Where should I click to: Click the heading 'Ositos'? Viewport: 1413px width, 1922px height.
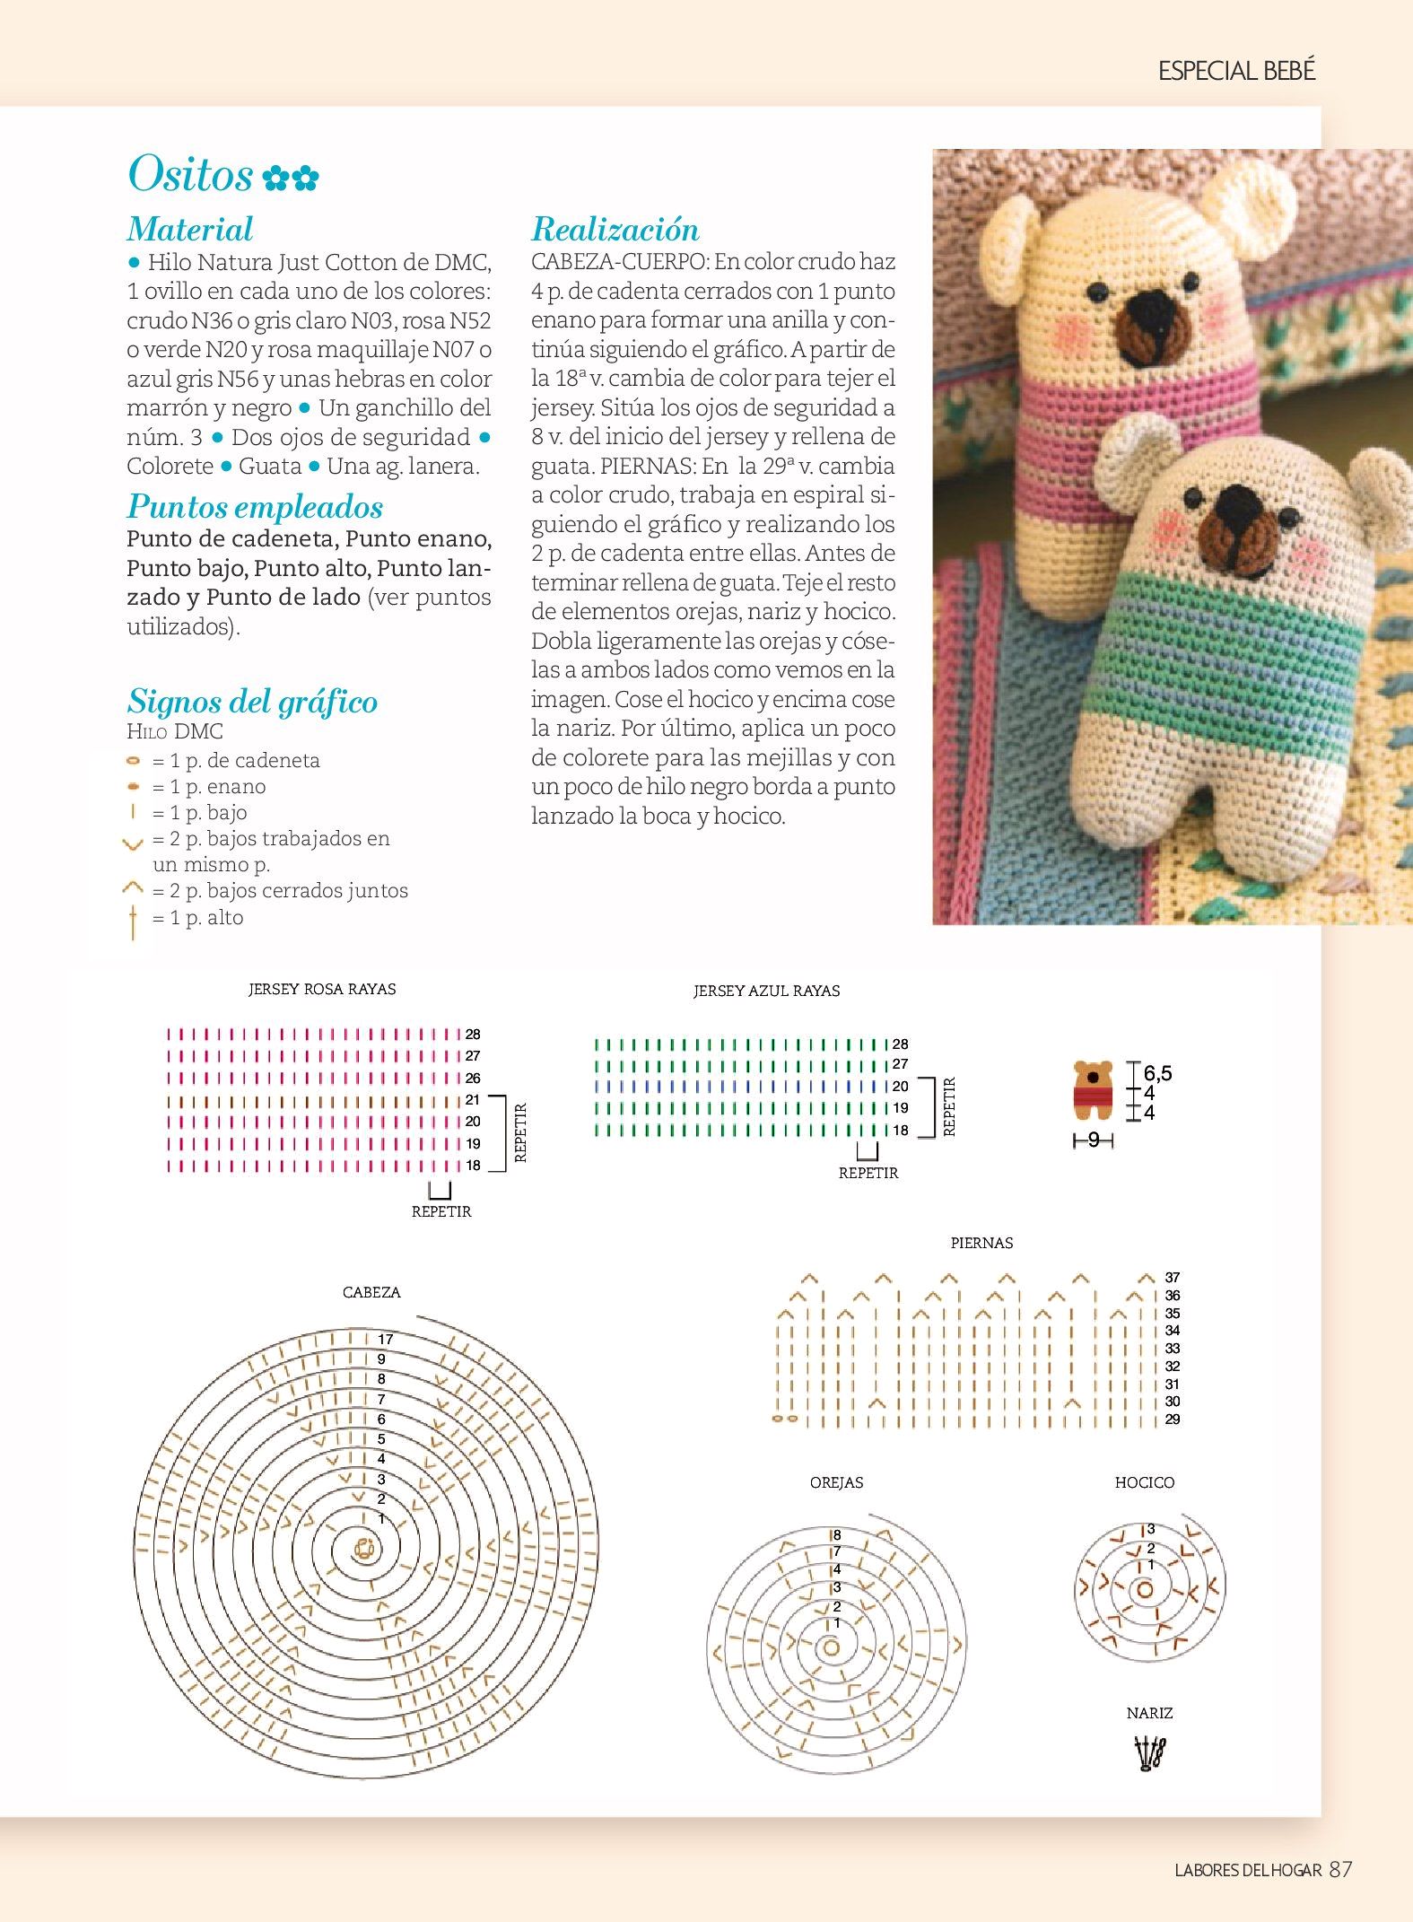coord(190,173)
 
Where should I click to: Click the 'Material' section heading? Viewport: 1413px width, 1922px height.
coord(190,230)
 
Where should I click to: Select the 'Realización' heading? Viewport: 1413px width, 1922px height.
coord(615,230)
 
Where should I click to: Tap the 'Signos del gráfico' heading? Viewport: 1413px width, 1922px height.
coord(252,701)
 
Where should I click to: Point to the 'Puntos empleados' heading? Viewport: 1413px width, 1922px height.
coord(255,507)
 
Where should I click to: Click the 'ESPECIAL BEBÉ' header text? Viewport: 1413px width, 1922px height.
coord(1236,72)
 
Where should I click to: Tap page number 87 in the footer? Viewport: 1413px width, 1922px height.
coord(1340,1870)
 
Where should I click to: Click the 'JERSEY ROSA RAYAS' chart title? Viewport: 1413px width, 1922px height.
coord(322,990)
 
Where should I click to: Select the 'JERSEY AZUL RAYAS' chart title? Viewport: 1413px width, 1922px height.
coord(766,992)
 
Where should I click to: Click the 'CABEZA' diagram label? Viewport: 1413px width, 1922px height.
coord(371,1293)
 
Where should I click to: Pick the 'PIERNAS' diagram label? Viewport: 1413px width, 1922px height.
coord(981,1244)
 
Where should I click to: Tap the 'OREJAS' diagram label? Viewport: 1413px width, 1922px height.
coord(836,1483)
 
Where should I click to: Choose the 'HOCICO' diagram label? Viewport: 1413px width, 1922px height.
coord(1144,1483)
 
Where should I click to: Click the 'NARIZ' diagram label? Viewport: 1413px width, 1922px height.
coord(1149,1714)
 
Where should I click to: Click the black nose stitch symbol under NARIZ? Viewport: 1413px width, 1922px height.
coord(1149,1754)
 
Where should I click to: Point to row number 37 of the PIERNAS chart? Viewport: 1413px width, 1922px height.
coord(1173,1278)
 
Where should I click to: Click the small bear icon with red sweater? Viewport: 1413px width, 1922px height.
coord(1093,1090)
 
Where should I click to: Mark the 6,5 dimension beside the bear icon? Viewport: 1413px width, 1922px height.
coord(1157,1073)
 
